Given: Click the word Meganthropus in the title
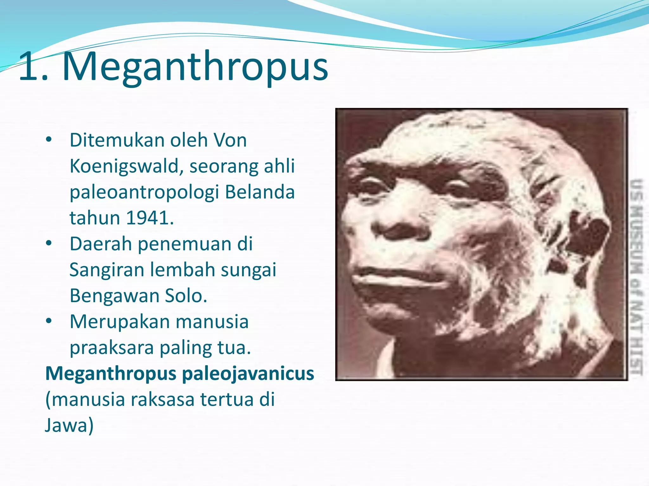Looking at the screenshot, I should click(x=195, y=67).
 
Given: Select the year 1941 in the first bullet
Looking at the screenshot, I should click(x=150, y=218).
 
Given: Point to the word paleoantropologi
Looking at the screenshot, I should click(x=144, y=192).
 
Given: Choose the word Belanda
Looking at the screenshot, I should click(x=260, y=192).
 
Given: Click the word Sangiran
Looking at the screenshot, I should click(x=106, y=270).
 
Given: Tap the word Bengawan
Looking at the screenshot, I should click(x=114, y=296).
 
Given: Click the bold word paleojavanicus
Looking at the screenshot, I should click(x=248, y=374).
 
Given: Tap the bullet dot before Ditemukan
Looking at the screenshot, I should click(x=48, y=140).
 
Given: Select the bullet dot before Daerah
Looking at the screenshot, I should click(x=48, y=244).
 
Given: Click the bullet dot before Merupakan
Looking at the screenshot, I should click(x=48, y=321).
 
